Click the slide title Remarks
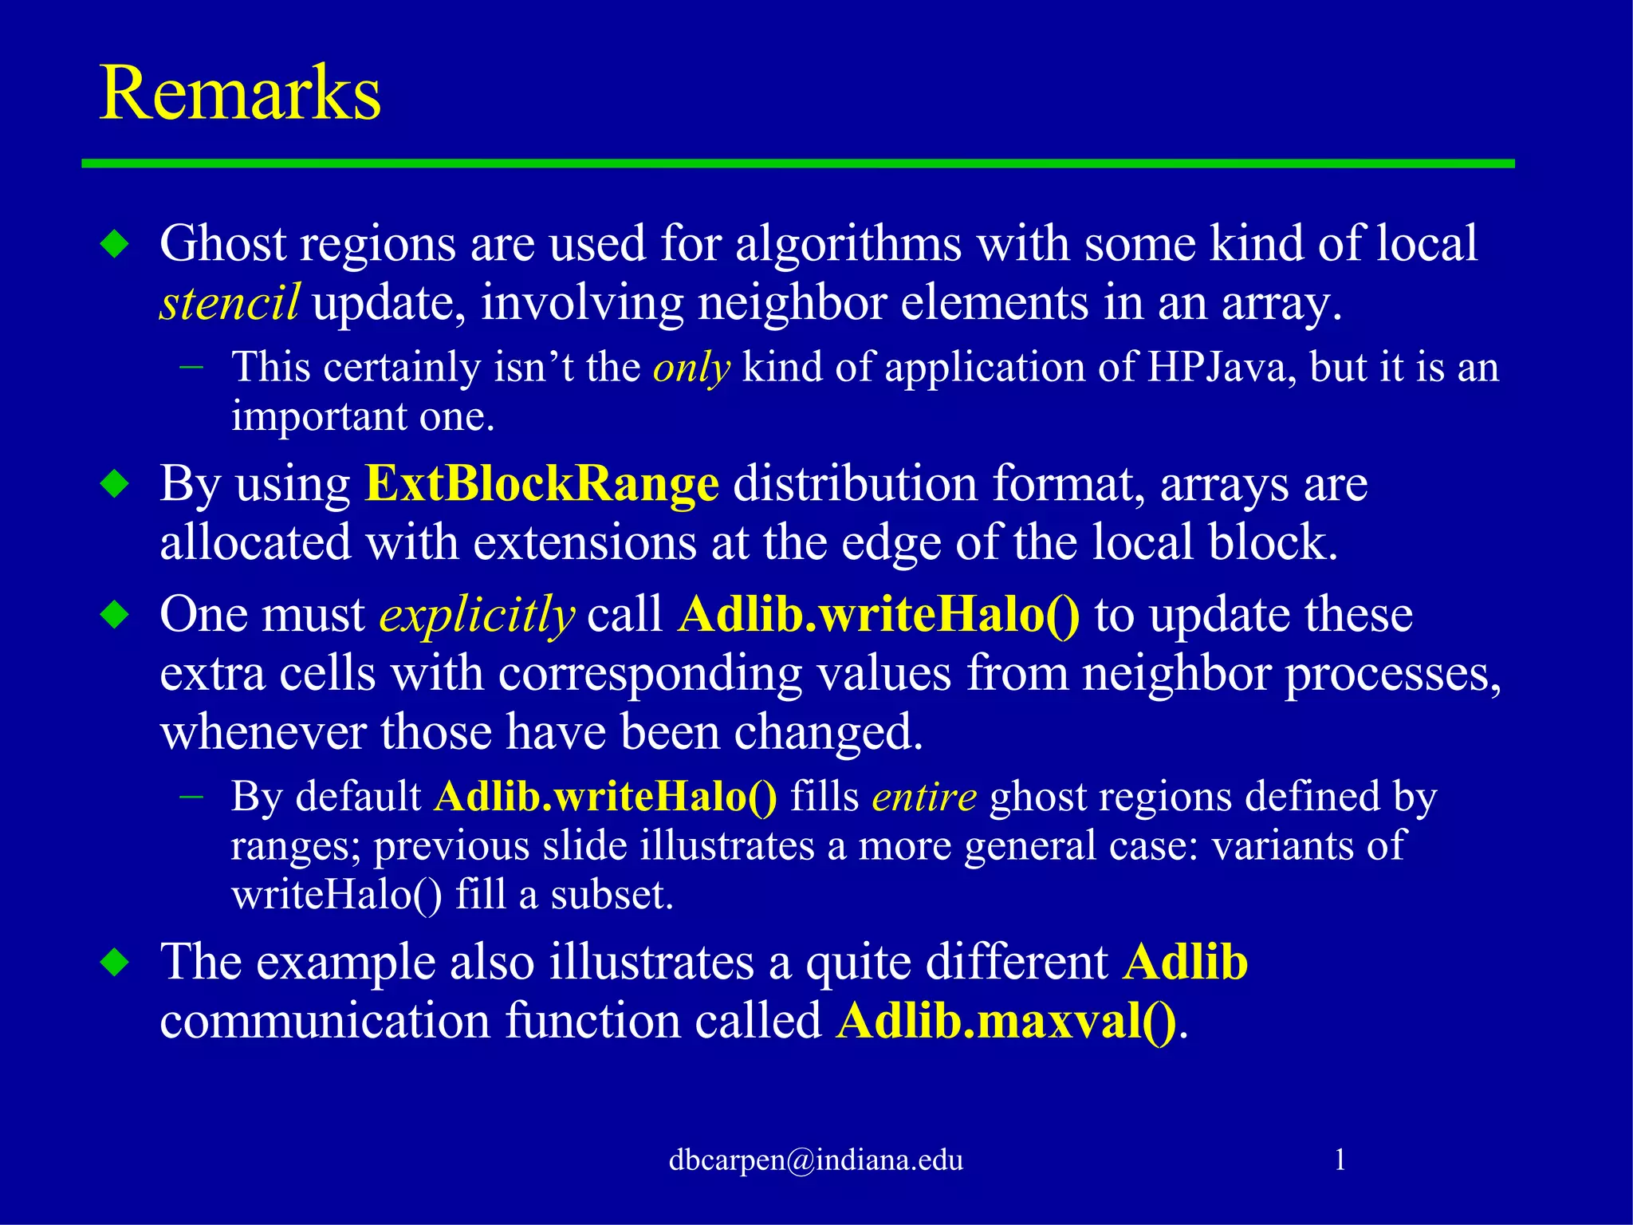pos(239,94)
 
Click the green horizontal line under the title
pos(797,163)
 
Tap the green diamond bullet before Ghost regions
pos(116,244)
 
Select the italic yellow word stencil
pos(229,304)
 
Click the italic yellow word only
pos(691,368)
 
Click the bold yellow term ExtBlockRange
pos(541,484)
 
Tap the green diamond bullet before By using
pos(116,484)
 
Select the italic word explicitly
pos(476,616)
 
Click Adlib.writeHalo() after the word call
pos(879,615)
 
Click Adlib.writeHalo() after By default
pos(605,797)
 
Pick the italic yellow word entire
pos(923,797)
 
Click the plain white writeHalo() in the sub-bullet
pos(336,895)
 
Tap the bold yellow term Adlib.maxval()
pos(1006,1021)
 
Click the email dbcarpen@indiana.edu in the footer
pos(816,1160)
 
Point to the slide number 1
pos(1340,1160)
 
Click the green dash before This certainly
pos(191,368)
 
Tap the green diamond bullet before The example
pos(116,963)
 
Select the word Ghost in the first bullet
pos(222,244)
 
